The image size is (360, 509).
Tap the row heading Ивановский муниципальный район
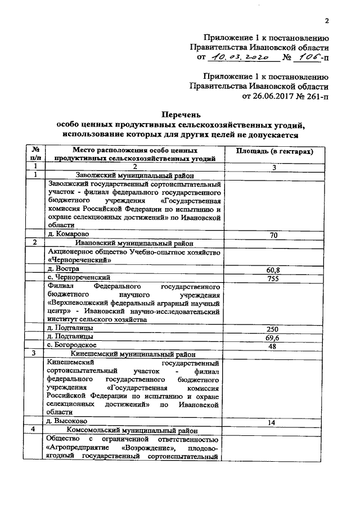point(134,243)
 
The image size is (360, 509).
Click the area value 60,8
point(273,270)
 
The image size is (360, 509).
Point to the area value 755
point(273,278)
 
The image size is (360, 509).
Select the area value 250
point(273,328)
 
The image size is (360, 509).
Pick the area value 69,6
point(273,337)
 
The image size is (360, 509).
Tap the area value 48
point(273,346)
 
